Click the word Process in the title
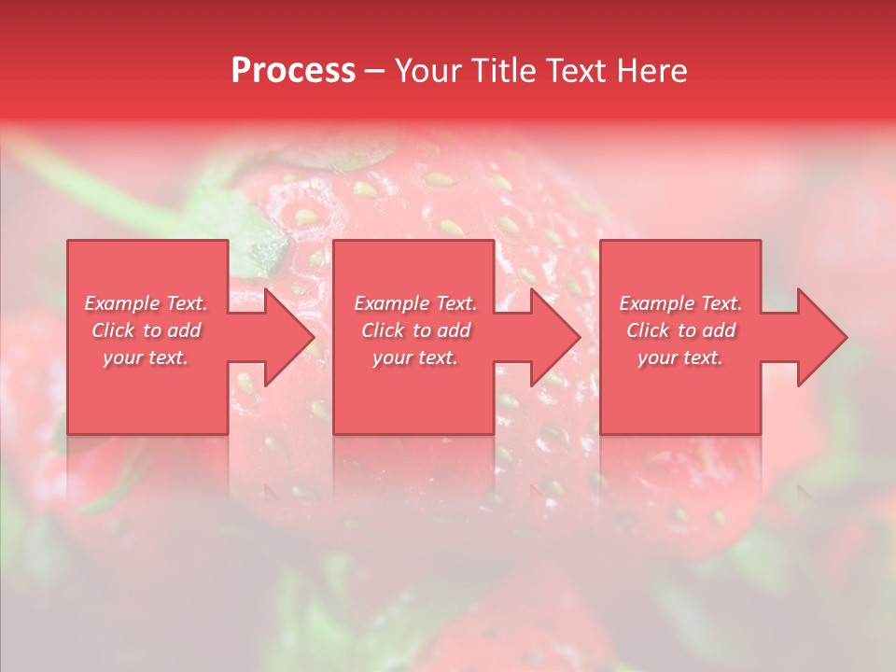[x=293, y=71]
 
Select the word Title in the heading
[x=502, y=71]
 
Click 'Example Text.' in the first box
[x=147, y=303]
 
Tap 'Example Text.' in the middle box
[x=415, y=303]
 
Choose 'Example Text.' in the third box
[x=680, y=303]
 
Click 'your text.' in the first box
[x=146, y=357]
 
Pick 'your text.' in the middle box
[x=415, y=357]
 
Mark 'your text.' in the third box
[x=680, y=357]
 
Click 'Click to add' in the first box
[x=147, y=330]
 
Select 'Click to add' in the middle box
[x=415, y=330]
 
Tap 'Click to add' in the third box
[x=680, y=330]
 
